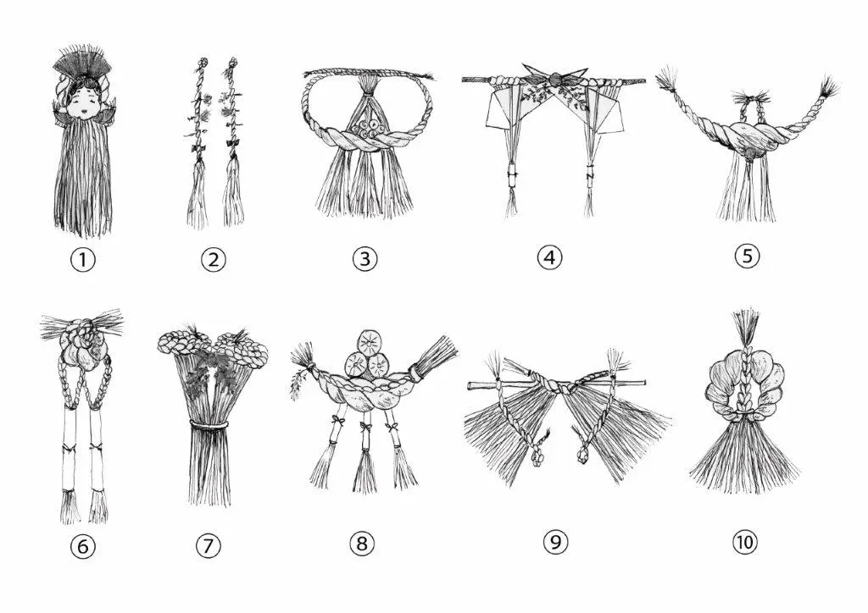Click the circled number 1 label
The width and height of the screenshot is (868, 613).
83,259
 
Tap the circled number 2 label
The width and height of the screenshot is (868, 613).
214,259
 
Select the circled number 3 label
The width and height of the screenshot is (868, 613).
364,258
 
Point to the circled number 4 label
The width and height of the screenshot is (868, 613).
549,257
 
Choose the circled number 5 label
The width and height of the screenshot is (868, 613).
748,256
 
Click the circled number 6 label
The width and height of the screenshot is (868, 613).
83,547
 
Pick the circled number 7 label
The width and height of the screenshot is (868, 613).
209,545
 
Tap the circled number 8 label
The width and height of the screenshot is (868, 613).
362,544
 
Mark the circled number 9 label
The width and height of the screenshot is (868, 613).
555,542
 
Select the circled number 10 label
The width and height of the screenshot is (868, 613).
744,542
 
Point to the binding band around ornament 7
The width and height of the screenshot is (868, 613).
209,424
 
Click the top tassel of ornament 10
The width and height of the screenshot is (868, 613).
745,326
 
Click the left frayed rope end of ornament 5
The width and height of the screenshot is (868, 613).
668,82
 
